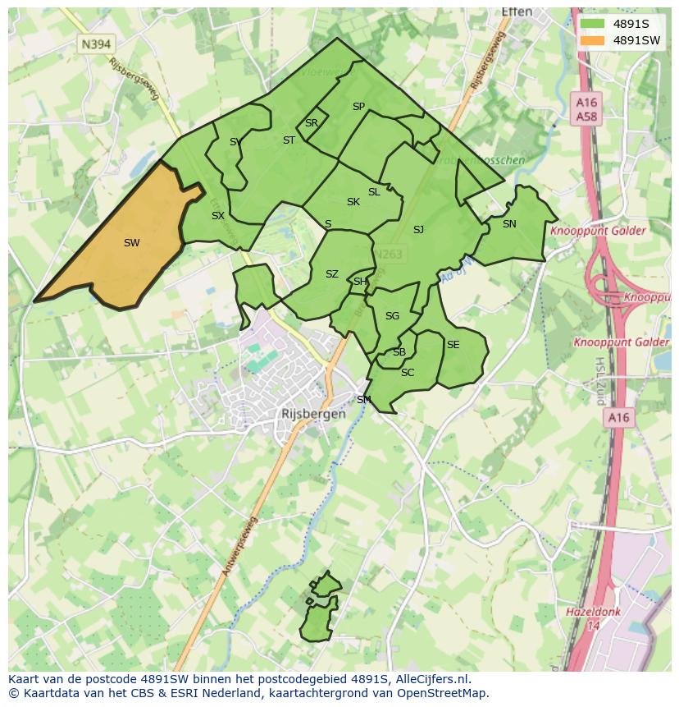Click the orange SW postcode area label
point(131,243)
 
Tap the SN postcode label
point(509,224)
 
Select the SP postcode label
point(358,107)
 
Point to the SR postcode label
point(311,123)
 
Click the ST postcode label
point(289,140)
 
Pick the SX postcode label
point(217,216)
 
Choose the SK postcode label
point(353,202)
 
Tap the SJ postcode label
point(418,230)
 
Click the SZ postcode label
point(331,274)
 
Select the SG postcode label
point(392,316)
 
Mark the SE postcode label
point(453,345)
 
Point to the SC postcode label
point(408,373)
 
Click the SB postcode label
point(399,352)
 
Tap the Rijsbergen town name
point(313,415)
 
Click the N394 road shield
point(96,44)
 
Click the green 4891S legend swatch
point(590,24)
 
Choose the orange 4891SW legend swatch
point(590,40)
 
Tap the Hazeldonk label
point(593,613)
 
